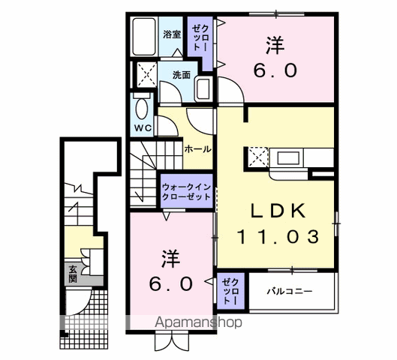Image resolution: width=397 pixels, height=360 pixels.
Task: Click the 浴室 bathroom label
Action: [x=172, y=34]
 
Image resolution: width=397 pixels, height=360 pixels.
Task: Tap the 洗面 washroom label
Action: [x=181, y=75]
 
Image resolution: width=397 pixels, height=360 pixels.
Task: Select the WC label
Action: [x=143, y=127]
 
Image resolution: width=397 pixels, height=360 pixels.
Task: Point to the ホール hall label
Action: [x=198, y=149]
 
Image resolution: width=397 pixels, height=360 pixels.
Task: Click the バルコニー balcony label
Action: [x=289, y=290]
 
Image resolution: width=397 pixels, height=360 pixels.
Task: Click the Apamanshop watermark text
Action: [x=198, y=323]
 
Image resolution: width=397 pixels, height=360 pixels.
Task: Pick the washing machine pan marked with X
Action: [x=145, y=75]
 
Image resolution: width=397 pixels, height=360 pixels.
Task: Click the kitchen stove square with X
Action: [x=257, y=157]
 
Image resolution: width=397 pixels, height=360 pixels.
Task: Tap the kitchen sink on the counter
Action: [x=288, y=157]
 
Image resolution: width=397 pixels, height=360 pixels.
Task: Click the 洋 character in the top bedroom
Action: [x=275, y=46]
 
